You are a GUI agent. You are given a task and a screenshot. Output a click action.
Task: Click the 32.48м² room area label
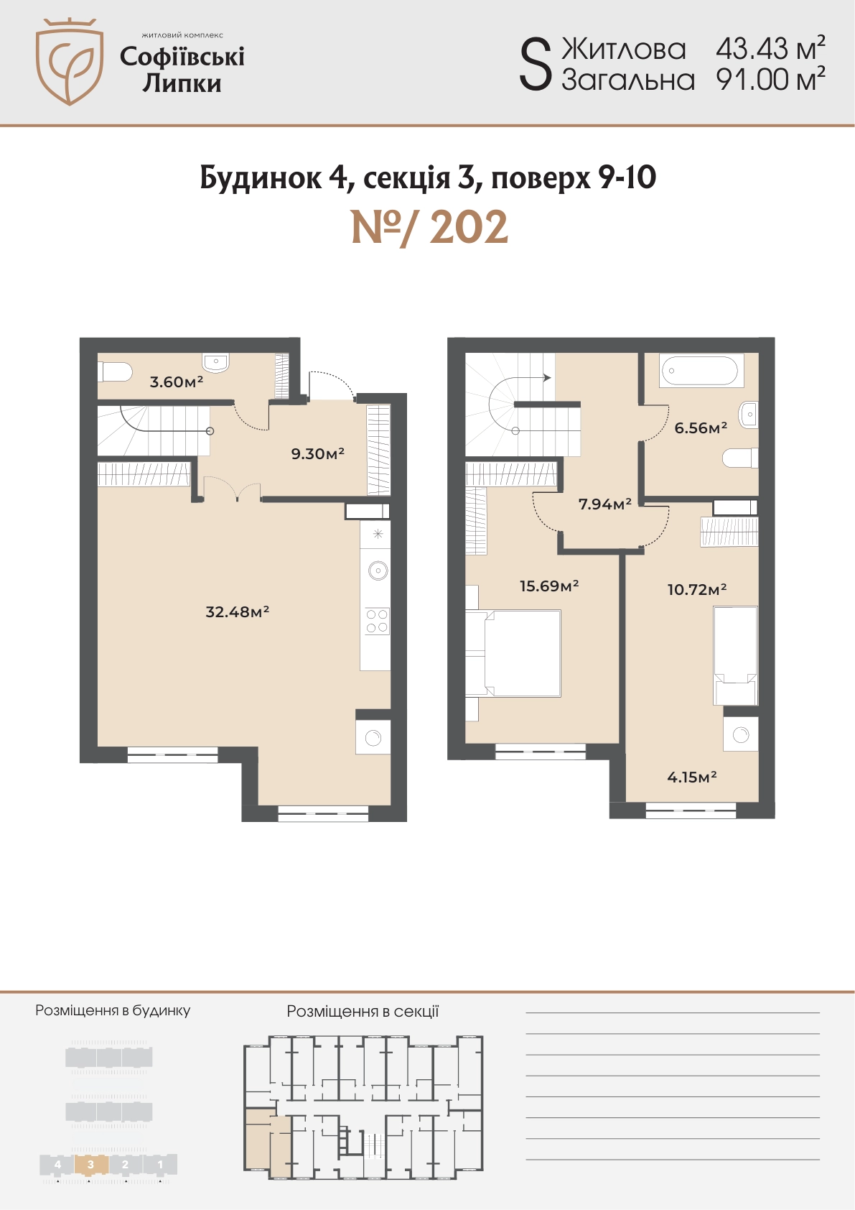238,611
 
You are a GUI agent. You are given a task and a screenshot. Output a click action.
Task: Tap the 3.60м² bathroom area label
177,382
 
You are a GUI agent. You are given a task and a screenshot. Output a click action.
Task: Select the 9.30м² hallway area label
318,453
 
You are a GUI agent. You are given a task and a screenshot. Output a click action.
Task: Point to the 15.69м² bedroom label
549,586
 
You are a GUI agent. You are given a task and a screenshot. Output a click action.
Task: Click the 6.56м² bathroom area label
701,428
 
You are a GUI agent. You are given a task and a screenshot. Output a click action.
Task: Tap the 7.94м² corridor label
605,504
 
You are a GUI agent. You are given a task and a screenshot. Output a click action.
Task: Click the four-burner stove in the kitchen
376,621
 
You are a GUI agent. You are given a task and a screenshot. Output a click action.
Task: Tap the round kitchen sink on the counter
378,570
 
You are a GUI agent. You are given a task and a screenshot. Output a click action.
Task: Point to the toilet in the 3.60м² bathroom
115,371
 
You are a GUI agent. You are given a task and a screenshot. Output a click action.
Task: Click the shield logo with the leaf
70,62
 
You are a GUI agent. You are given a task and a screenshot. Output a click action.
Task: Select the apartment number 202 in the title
469,228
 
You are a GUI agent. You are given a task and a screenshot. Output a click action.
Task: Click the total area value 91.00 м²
770,80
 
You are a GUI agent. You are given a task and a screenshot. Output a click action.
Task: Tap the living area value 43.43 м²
770,49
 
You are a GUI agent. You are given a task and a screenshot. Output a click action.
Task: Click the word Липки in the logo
182,84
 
